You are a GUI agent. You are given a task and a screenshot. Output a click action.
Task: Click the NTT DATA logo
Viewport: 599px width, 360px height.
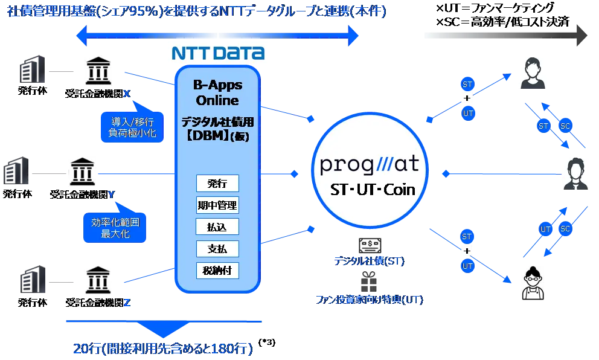(x=218, y=53)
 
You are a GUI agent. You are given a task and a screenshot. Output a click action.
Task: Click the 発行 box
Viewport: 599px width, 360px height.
(x=217, y=184)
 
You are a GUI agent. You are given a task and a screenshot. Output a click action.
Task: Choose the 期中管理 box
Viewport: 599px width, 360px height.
(x=217, y=205)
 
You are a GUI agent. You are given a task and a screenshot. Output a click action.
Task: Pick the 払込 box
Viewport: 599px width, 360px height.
(x=217, y=227)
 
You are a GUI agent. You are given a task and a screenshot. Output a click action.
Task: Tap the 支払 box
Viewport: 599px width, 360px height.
(x=217, y=248)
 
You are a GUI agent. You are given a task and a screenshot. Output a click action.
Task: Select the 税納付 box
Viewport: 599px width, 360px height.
(x=217, y=270)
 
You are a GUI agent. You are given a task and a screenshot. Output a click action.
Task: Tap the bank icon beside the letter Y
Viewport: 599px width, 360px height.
(x=82, y=172)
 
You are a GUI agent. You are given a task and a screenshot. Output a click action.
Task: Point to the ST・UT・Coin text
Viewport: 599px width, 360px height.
(x=373, y=190)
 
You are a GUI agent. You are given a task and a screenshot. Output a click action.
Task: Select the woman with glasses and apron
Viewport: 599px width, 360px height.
(x=531, y=284)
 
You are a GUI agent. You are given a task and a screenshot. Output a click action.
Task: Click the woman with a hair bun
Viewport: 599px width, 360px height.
(x=534, y=72)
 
